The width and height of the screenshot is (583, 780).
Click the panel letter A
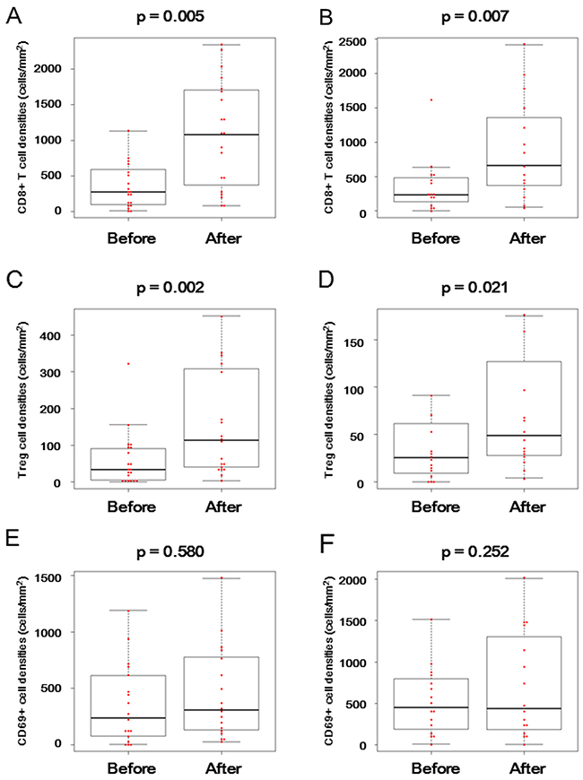pyautogui.click(x=13, y=13)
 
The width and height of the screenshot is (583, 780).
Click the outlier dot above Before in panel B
pyautogui.click(x=431, y=100)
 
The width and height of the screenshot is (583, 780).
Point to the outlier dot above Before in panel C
pyautogui.click(x=128, y=363)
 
